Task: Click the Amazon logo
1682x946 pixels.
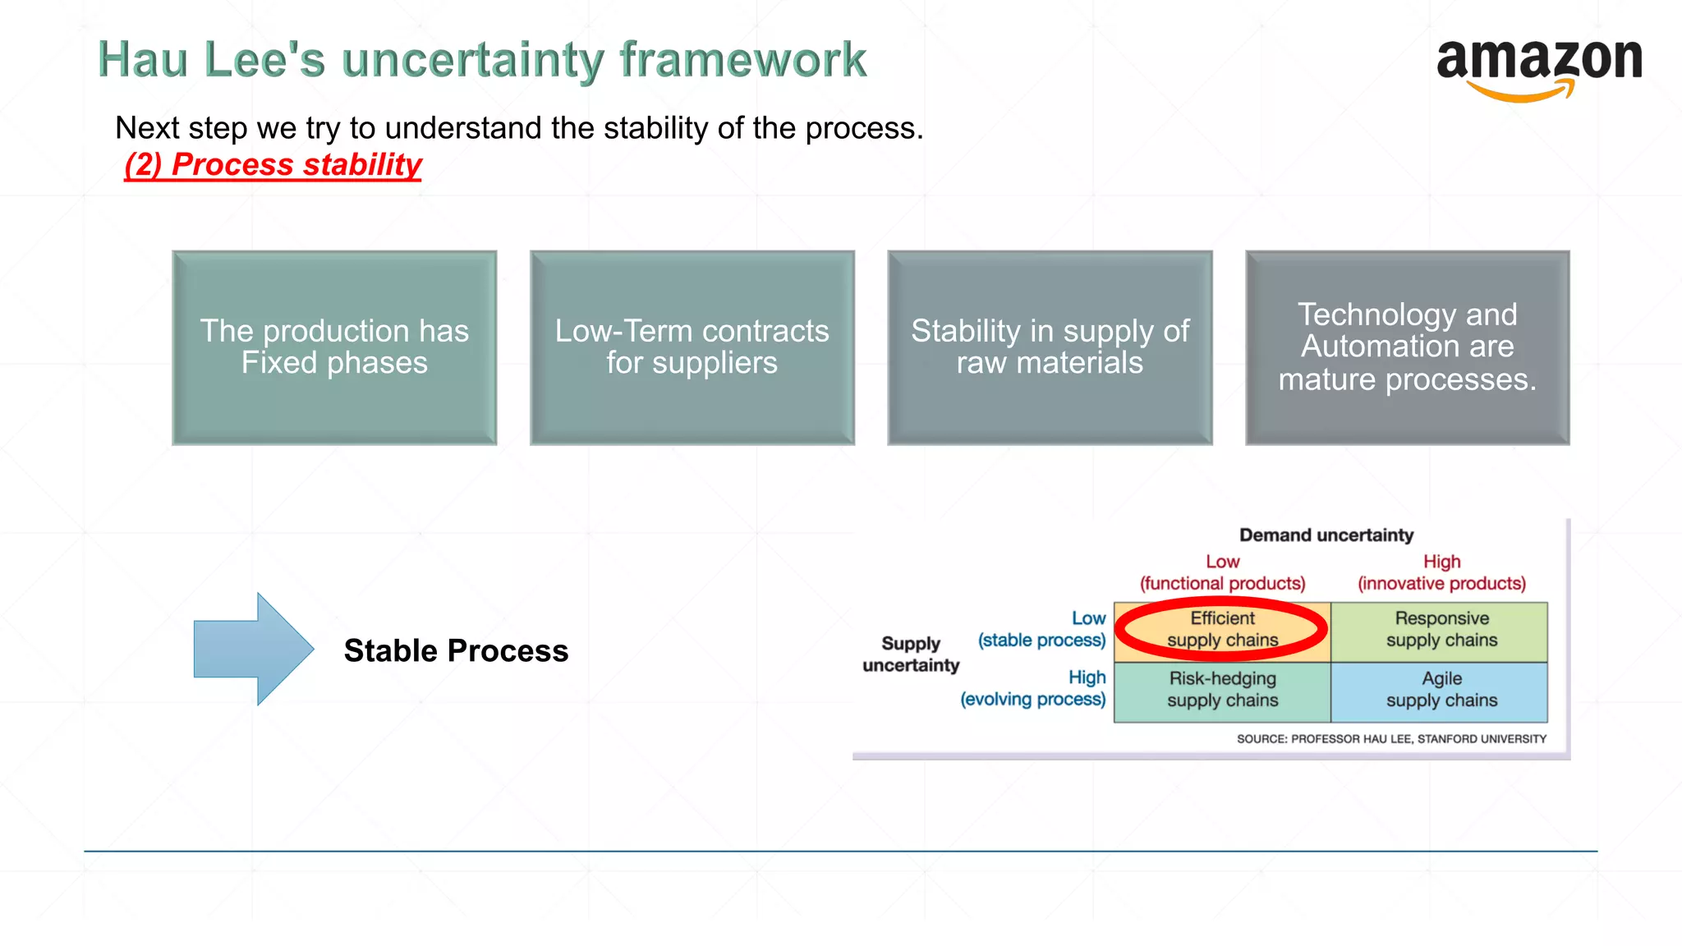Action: [x=1538, y=67]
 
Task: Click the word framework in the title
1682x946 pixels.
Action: [x=742, y=60]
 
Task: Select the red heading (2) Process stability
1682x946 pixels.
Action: [x=273, y=164]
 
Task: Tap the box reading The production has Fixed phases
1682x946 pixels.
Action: [x=334, y=347]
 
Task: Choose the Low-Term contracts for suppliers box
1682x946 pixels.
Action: [x=692, y=347]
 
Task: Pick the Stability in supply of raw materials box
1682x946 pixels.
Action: [x=1050, y=347]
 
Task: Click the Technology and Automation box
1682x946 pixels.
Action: [x=1407, y=347]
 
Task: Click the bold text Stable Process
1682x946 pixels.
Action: [x=456, y=650]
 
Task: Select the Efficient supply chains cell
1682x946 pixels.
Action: [x=1222, y=630]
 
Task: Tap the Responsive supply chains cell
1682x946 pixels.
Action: [x=1441, y=630]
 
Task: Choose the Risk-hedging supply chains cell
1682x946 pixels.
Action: [x=1222, y=690]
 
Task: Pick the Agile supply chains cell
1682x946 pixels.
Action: [x=1441, y=690]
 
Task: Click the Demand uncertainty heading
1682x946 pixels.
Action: [x=1326, y=535]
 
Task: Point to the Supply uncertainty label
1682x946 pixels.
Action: [x=911, y=654]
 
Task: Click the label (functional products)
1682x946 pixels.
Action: [x=1222, y=584]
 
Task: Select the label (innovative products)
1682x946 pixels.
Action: [x=1441, y=584]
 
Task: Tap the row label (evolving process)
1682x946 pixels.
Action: [x=1032, y=700]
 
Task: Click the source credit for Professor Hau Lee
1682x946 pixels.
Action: [x=1391, y=739]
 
